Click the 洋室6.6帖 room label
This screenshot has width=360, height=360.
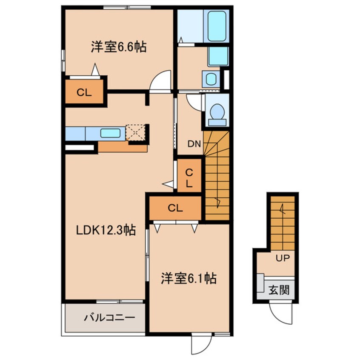[x=118, y=47]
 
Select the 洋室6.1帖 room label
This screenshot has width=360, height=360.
[x=189, y=279]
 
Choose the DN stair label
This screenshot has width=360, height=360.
[x=194, y=144]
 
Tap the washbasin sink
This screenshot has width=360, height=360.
[x=210, y=78]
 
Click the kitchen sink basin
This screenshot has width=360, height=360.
[x=110, y=133]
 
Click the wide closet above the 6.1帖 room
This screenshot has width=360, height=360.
[x=175, y=208]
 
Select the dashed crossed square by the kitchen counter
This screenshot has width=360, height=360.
[x=136, y=133]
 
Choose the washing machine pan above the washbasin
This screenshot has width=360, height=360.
[x=218, y=56]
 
